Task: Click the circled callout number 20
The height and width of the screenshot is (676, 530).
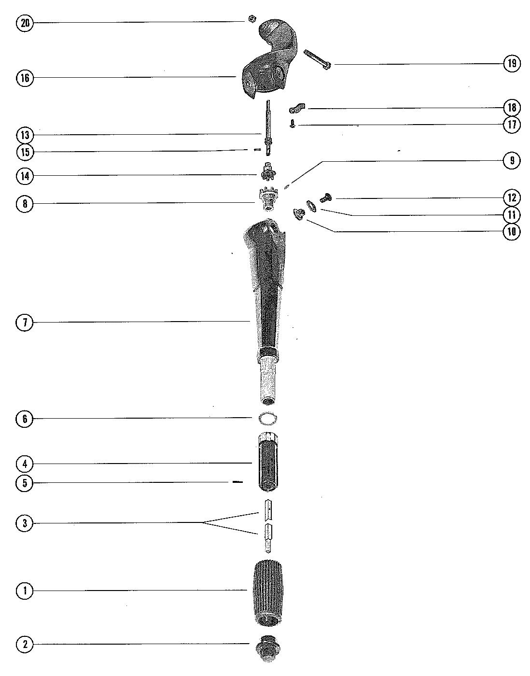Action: pos(25,23)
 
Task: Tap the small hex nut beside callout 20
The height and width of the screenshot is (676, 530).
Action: pos(251,19)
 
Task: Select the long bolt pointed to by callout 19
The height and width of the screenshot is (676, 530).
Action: pos(317,60)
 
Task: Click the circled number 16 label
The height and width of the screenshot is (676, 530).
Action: pos(25,78)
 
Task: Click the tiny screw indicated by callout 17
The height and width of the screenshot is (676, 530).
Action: pos(293,124)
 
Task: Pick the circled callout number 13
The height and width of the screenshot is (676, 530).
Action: pos(25,135)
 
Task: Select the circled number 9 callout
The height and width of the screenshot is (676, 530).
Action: pos(512,160)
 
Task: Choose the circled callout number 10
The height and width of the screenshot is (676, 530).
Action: pos(512,232)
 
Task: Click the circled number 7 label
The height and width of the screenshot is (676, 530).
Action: pos(25,322)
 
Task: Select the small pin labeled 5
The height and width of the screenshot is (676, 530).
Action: pos(237,482)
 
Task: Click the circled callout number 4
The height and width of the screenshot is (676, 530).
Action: pos(25,465)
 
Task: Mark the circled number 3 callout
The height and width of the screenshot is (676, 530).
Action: pos(25,523)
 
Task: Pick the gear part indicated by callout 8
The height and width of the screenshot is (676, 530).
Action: pos(267,199)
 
